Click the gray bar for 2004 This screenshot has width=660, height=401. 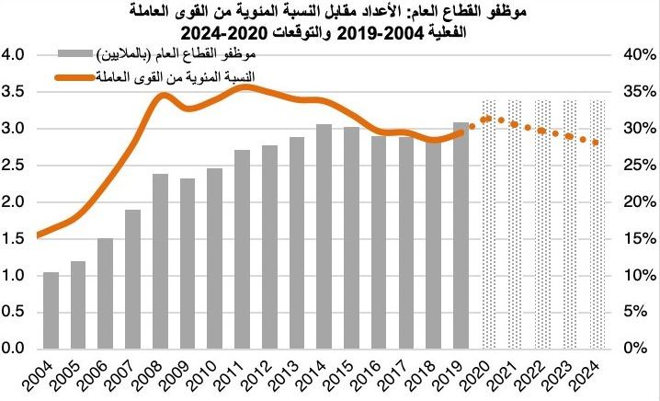[x=51, y=311]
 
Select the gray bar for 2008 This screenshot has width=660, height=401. [x=160, y=261]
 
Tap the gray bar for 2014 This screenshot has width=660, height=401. [x=324, y=236]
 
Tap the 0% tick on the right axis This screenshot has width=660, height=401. [x=642, y=349]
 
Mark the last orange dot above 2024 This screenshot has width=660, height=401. [x=596, y=143]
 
